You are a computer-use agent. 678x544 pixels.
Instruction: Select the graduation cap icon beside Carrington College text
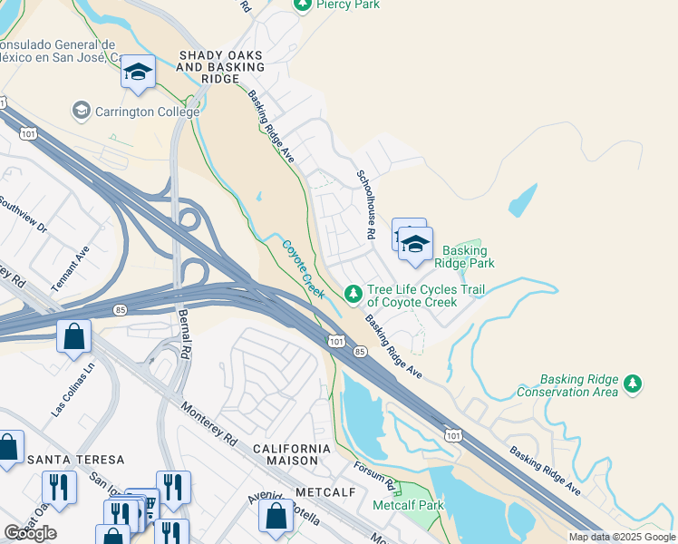coord(81,111)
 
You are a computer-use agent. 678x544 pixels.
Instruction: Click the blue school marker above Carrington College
coord(138,72)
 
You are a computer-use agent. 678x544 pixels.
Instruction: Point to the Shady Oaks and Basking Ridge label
coord(221,62)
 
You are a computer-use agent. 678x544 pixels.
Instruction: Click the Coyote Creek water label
coord(302,269)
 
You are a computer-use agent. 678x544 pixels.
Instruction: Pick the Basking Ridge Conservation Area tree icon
coord(633,385)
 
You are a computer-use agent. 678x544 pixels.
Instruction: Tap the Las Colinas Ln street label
coord(73,390)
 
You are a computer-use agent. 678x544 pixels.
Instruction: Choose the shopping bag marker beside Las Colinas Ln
coord(73,337)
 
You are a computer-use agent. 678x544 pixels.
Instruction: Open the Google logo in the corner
coord(30,533)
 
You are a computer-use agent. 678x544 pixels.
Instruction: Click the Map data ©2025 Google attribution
coord(621,537)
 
